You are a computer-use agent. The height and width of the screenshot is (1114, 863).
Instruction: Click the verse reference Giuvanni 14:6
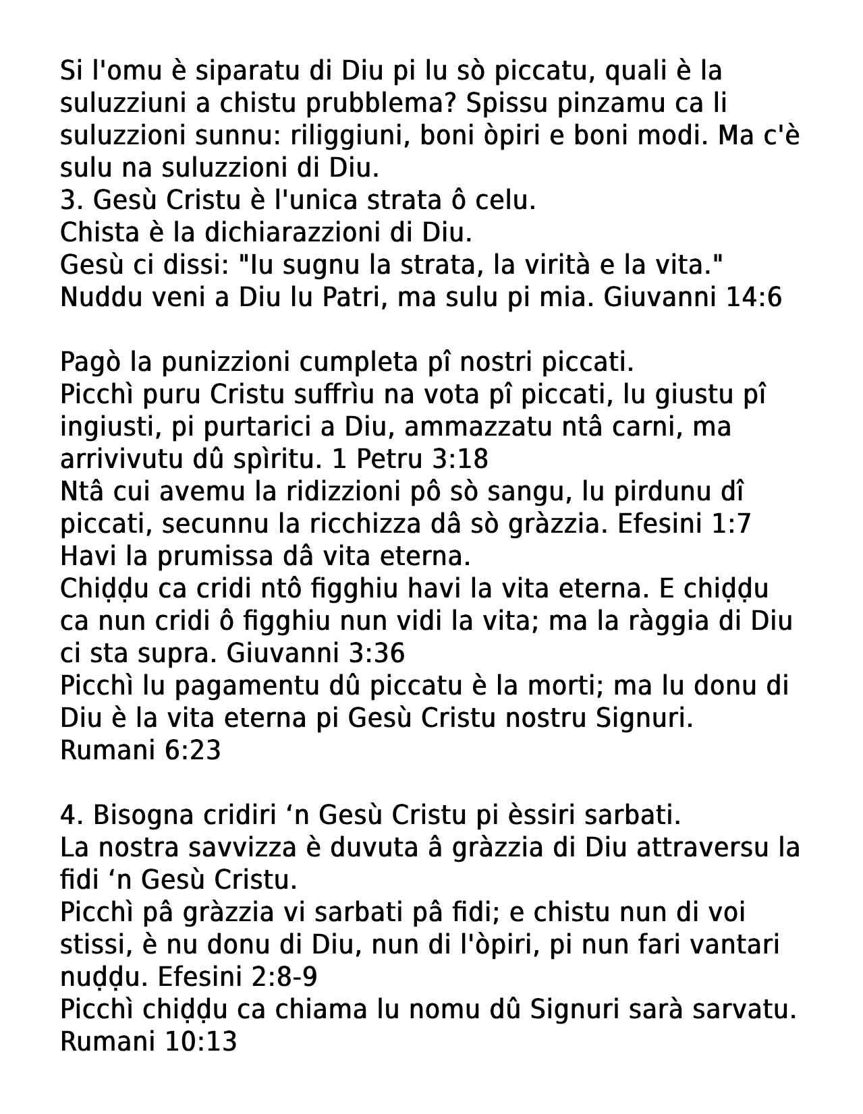692,297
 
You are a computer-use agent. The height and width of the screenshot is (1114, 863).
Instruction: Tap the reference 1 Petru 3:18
410,459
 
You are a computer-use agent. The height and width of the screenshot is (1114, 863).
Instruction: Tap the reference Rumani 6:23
140,751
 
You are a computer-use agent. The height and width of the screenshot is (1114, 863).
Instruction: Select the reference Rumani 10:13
148,1042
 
